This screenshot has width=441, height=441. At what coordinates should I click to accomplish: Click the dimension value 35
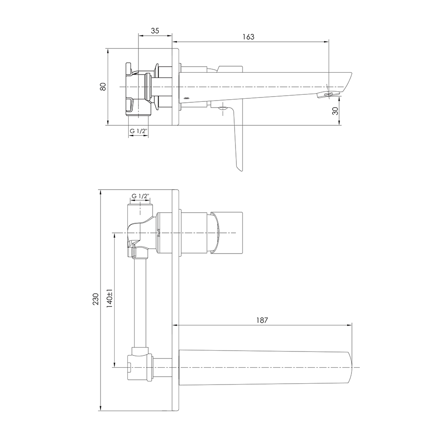coord(155,31)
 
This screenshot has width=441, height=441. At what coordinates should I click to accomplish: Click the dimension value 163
coord(248,37)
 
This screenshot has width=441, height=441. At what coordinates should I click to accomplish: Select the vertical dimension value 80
coord(103,86)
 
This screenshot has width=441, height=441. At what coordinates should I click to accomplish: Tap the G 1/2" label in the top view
coord(138,131)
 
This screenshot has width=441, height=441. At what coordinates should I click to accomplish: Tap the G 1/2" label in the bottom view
coord(140,196)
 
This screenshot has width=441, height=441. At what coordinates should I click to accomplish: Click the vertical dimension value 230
coord(96,299)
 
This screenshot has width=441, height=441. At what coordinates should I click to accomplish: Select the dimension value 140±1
coord(109,298)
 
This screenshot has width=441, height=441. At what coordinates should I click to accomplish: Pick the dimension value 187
coord(262,320)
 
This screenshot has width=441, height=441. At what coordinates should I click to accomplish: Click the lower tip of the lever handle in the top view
coord(239,170)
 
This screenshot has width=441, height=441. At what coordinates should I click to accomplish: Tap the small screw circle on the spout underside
coord(185,98)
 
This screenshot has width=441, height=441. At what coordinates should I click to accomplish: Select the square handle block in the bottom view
coord(227,233)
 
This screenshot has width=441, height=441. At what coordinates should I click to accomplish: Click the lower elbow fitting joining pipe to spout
coord(140,364)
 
